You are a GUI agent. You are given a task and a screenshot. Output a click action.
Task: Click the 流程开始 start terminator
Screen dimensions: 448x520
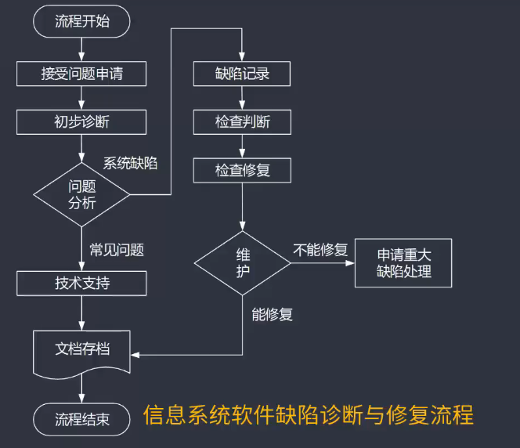click(x=81, y=21)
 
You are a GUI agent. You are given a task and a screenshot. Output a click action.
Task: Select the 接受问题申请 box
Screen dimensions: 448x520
click(x=81, y=74)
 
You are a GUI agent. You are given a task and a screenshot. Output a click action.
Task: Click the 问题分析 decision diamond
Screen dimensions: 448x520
click(x=81, y=194)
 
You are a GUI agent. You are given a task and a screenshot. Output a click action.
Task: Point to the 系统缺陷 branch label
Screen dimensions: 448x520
click(x=130, y=163)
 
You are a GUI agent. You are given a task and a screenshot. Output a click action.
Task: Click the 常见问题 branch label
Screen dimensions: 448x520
click(x=117, y=250)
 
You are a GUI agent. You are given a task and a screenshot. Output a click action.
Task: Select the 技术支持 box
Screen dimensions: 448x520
click(x=81, y=283)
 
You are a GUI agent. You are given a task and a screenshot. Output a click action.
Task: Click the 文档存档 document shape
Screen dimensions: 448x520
click(x=81, y=349)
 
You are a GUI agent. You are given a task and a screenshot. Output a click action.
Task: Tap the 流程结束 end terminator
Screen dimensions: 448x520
click(x=81, y=419)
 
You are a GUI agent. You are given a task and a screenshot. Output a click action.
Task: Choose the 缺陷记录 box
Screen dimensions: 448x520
click(x=242, y=74)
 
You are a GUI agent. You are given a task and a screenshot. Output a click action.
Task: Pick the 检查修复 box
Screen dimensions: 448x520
click(x=242, y=169)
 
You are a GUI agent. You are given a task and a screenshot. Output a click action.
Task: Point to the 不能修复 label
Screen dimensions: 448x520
click(x=320, y=250)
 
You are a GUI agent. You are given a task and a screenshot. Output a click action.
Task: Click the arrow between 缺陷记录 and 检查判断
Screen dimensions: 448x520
click(x=242, y=98)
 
